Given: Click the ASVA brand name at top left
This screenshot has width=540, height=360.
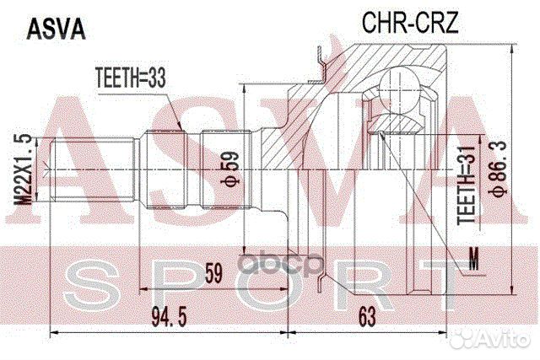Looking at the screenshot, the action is (x=56, y=30).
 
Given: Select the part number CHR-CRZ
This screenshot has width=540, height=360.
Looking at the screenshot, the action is (x=410, y=22).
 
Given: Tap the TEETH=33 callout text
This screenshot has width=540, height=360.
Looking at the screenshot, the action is (x=130, y=78).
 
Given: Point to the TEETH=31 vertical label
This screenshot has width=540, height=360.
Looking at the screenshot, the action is (x=467, y=185).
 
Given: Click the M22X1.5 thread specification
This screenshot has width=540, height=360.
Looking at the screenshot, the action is (x=23, y=169).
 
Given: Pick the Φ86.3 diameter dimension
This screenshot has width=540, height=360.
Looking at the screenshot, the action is (x=499, y=169).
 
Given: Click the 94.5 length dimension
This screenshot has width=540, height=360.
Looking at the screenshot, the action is (x=169, y=317).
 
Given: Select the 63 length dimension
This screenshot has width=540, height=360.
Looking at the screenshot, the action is (x=367, y=317).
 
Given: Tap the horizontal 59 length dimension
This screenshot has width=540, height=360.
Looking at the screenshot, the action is (x=213, y=273).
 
